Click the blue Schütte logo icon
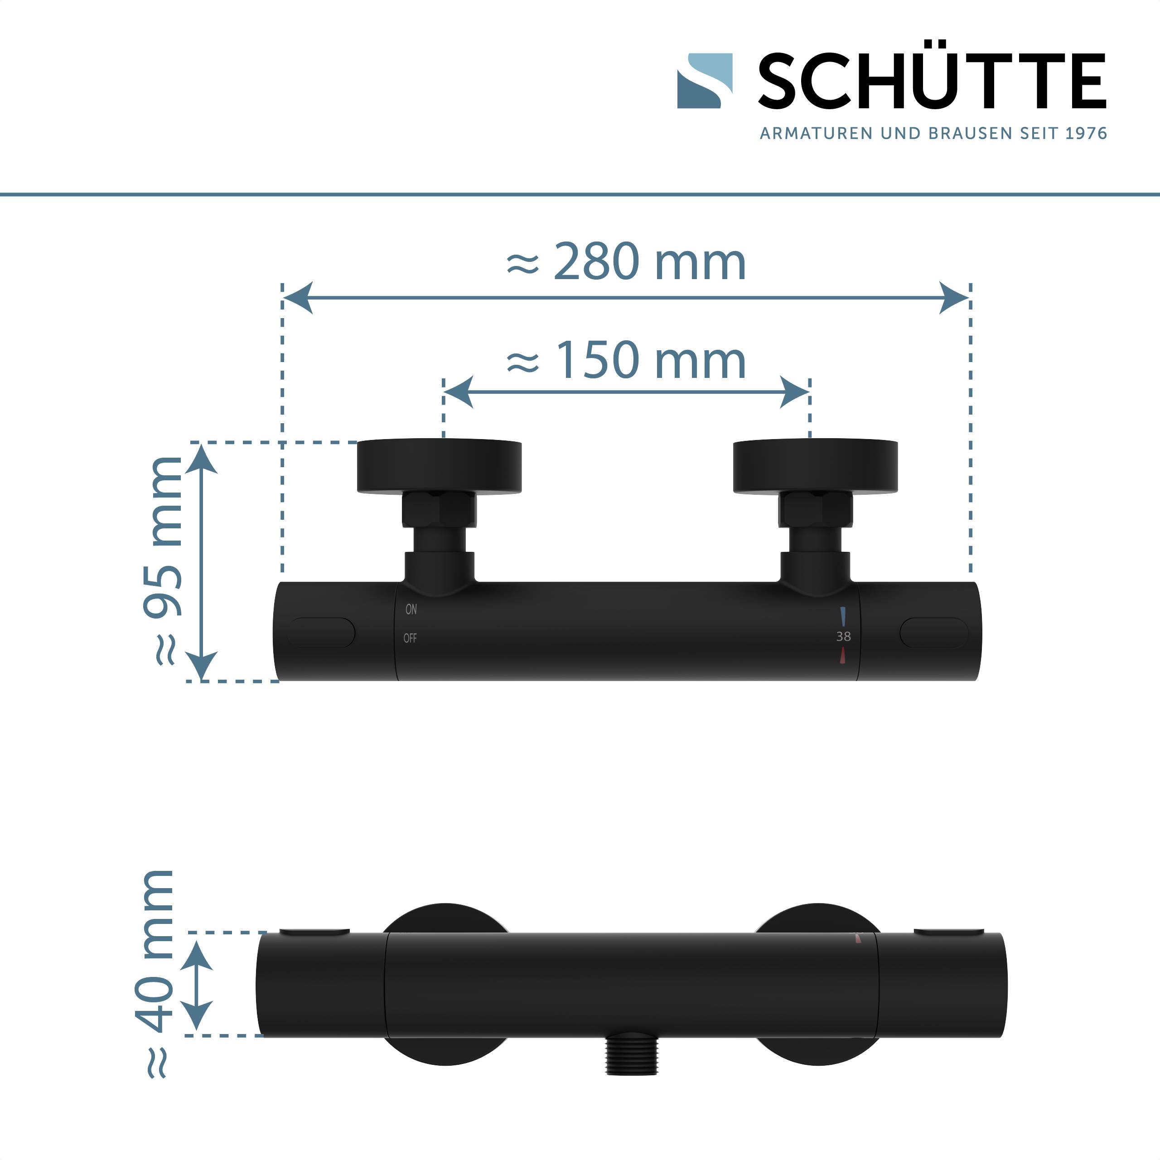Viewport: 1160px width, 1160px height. click(704, 81)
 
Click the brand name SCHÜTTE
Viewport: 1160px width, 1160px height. click(932, 82)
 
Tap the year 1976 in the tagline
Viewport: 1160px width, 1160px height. click(1086, 133)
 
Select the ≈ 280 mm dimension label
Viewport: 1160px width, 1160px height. click(626, 262)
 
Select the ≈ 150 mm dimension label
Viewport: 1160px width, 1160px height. click(626, 360)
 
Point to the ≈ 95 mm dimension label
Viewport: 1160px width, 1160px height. click(162, 561)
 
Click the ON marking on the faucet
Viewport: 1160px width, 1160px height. click(411, 609)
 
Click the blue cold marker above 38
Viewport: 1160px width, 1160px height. click(843, 617)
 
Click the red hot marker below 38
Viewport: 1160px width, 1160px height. click(843, 655)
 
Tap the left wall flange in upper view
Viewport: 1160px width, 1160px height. click(439, 467)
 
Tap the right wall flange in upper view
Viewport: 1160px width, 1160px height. click(815, 467)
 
